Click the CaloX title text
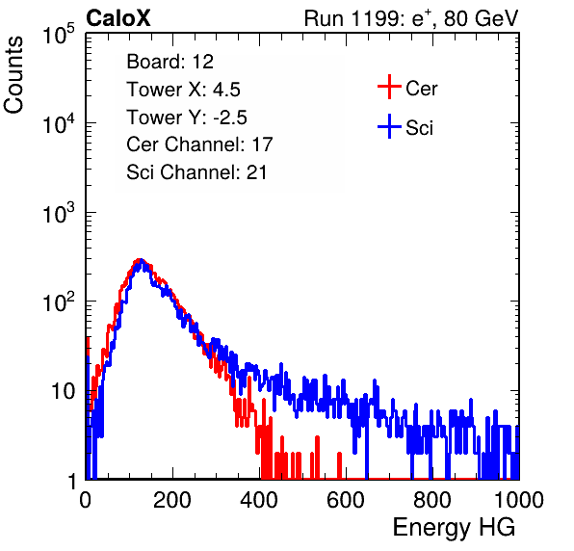(118, 18)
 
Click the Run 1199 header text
(411, 18)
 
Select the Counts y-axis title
(13, 75)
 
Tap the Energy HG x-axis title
(454, 528)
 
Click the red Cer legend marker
(389, 87)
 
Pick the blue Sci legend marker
(389, 126)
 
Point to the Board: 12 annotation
(170, 62)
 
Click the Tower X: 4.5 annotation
(183, 90)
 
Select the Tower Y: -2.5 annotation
(187, 118)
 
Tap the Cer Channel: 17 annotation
(199, 144)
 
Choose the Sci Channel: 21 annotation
(196, 172)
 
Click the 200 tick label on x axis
(172, 500)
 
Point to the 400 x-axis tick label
(259, 500)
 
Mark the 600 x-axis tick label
(346, 500)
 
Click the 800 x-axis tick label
(432, 500)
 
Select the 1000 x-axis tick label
(519, 500)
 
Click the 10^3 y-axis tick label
(59, 213)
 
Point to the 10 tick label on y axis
(63, 391)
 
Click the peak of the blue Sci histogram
(141, 260)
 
